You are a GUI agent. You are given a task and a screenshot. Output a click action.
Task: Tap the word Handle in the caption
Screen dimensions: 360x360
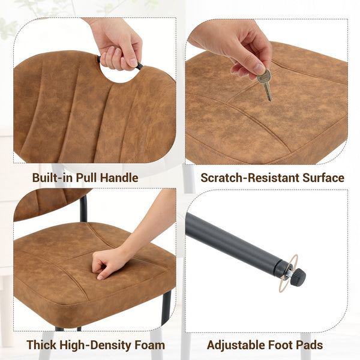point(119,178)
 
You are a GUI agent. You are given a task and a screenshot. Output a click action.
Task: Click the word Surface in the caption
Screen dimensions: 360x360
point(323,178)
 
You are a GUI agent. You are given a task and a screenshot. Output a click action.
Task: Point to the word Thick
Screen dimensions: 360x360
point(41,344)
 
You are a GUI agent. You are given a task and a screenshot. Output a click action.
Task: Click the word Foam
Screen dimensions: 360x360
point(149,344)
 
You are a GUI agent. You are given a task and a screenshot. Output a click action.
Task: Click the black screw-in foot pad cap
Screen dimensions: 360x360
point(298,277)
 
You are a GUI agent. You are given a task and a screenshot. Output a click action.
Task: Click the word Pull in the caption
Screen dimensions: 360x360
point(86,178)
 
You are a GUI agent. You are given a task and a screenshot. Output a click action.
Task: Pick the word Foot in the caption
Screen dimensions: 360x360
point(282,344)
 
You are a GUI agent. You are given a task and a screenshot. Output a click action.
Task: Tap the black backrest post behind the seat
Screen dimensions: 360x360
point(83,208)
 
